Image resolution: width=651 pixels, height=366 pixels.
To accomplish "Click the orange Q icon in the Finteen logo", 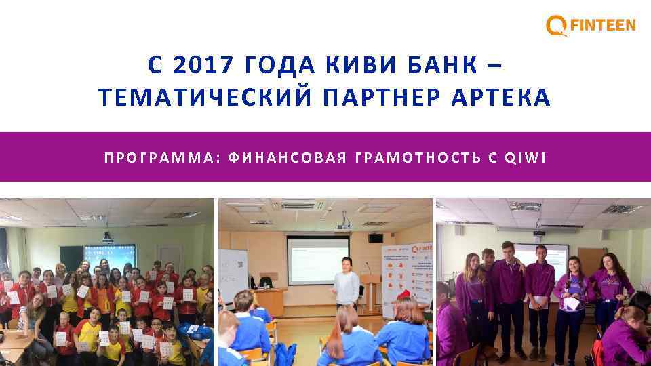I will (x=556, y=26).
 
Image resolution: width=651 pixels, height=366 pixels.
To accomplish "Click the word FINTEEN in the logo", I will (x=603, y=26).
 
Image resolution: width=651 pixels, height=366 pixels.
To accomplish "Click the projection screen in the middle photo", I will (x=317, y=260).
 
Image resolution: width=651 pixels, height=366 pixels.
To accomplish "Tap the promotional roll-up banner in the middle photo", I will (x=406, y=278).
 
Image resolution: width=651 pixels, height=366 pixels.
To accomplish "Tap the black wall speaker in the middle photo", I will (x=376, y=238).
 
